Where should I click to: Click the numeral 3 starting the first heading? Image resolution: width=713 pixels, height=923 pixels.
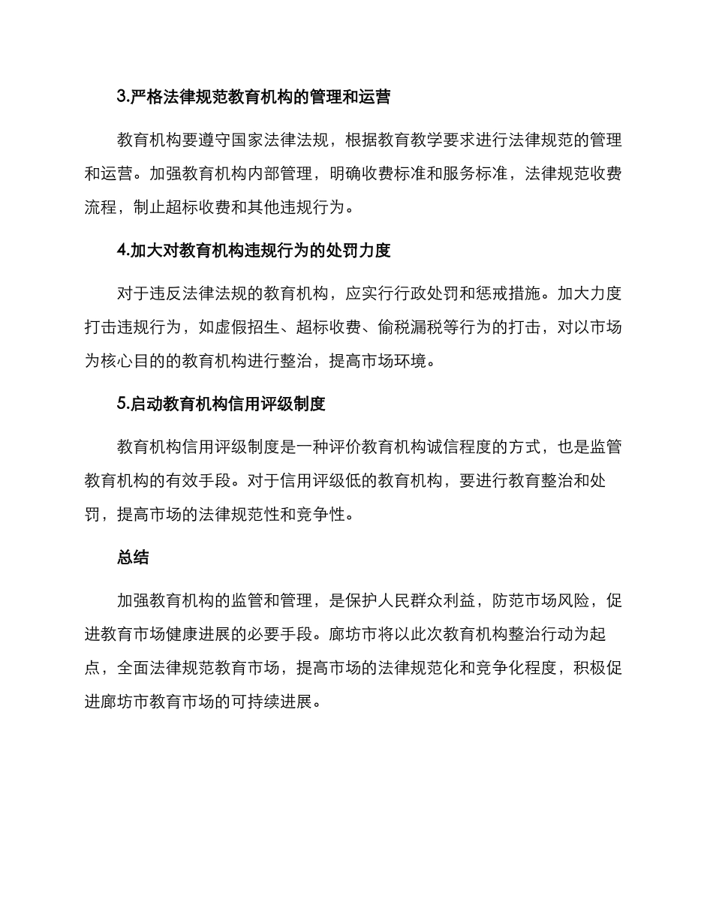[x=122, y=98]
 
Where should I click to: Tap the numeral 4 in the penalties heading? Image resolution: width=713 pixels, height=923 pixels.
[x=122, y=251]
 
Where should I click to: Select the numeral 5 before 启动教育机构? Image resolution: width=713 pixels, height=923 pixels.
[x=122, y=404]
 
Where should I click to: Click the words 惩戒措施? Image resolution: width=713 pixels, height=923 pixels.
[x=505, y=293]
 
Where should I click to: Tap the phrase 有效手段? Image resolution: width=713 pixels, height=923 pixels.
[x=246, y=480]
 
